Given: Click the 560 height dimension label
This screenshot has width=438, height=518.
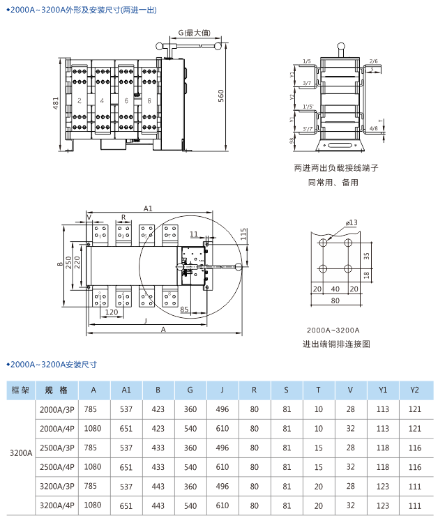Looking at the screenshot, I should [220, 96].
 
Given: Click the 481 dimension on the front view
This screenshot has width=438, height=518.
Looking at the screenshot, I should [56, 103].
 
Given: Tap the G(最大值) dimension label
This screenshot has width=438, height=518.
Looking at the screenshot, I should [192, 33].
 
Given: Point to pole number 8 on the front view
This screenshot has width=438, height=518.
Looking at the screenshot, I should [149, 101].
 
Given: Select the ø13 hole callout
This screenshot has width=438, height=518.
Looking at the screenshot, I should [351, 222].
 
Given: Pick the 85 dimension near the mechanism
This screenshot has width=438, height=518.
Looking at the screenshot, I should [185, 308].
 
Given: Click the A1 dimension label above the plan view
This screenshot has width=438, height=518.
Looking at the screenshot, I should [147, 208].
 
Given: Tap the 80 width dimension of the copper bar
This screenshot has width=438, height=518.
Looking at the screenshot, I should [335, 301].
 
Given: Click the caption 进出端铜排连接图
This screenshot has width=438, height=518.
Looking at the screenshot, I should [335, 344].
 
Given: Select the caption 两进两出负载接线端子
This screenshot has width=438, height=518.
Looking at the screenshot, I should [335, 168].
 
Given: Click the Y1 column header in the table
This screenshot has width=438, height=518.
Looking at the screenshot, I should [383, 390].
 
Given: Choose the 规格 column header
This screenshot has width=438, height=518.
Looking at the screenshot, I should [56, 390].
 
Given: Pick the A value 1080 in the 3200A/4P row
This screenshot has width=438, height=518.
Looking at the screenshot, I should [93, 505].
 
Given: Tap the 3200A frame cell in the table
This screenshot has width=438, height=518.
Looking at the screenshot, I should [21, 452].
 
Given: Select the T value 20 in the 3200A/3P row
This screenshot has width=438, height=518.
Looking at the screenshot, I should [318, 486].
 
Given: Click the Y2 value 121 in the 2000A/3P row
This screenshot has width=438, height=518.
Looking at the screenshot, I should [415, 409].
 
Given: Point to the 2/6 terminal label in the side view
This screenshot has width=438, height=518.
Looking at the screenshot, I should [374, 61].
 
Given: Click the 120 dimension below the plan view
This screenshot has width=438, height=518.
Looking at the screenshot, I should [110, 312].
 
